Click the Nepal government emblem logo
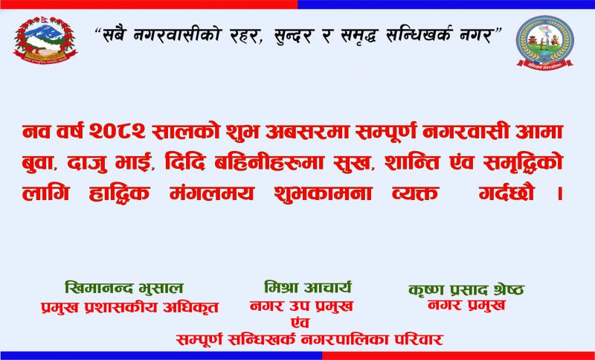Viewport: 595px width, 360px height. pyautogui.click(x=45, y=40)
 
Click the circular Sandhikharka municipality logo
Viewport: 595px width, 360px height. pyautogui.click(x=544, y=42)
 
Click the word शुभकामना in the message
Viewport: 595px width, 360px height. pyautogui.click(x=322, y=193)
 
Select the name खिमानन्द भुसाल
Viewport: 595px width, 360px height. pyautogui.click(x=124, y=288)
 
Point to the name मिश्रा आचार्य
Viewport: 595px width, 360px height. pyautogui.click(x=308, y=287)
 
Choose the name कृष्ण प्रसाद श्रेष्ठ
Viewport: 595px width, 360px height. pyautogui.click(x=467, y=290)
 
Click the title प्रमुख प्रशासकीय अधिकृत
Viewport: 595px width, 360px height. pyautogui.click(x=129, y=307)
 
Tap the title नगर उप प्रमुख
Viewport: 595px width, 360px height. pyautogui.click(x=302, y=306)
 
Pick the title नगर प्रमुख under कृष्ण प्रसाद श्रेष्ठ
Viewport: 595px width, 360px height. pyautogui.click(x=466, y=305)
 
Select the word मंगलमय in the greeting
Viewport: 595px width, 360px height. pyautogui.click(x=211, y=193)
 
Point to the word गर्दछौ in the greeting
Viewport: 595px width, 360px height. pyautogui.click(x=506, y=193)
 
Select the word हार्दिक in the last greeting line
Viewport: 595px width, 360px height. pyautogui.click(x=120, y=193)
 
